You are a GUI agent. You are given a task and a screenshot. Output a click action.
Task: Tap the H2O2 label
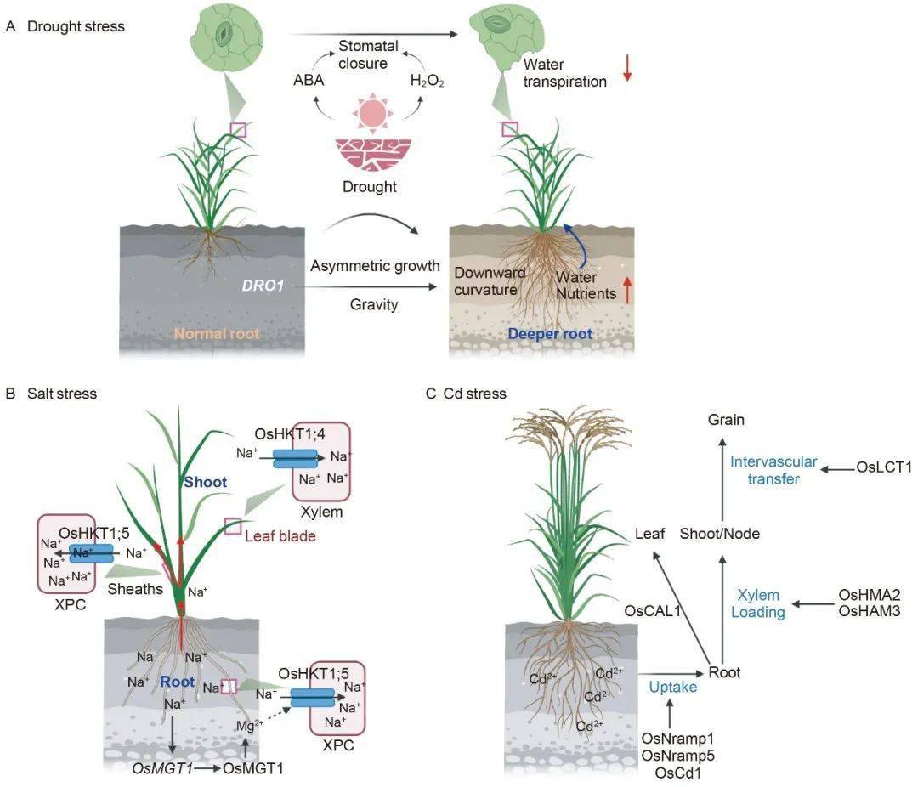[428, 82]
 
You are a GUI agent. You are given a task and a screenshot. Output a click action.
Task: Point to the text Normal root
[217, 334]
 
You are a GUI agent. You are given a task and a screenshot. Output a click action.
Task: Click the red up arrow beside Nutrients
[627, 292]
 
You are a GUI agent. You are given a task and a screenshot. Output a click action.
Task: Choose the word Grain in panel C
[727, 419]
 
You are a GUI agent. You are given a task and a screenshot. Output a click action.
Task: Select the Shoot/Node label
[720, 534]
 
